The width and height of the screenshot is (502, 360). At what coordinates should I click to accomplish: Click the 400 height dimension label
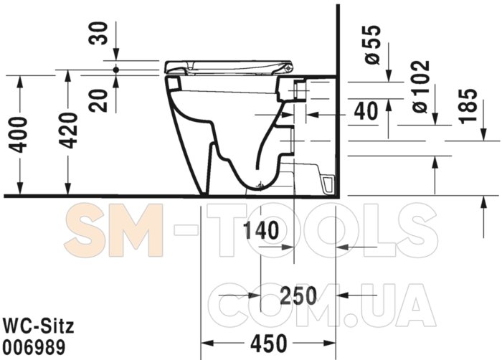pyautogui.click(x=18, y=135)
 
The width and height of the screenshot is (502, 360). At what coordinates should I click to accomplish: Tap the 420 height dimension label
pyautogui.click(x=68, y=131)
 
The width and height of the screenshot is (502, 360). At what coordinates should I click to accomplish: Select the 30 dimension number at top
pyautogui.click(x=98, y=33)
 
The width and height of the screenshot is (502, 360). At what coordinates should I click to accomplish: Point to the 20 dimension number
pyautogui.click(x=98, y=100)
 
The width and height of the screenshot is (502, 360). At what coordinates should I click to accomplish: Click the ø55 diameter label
pyautogui.click(x=373, y=45)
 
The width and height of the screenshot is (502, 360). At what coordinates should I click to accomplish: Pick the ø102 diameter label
pyautogui.click(x=421, y=86)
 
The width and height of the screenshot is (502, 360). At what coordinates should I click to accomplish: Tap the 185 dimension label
pyautogui.click(x=468, y=105)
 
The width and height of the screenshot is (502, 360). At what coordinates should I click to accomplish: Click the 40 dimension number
pyautogui.click(x=366, y=111)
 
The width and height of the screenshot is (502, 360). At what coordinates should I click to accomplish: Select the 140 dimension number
pyautogui.click(x=261, y=230)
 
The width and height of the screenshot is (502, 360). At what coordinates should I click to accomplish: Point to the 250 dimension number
pyautogui.click(x=298, y=295)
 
